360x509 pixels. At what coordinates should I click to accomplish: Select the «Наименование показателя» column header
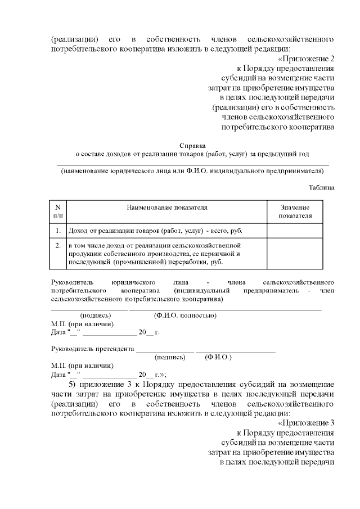pyautogui.click(x=167, y=208)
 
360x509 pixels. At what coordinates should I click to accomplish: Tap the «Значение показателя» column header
pyautogui.click(x=295, y=211)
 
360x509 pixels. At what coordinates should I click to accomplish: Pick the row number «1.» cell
pyautogui.click(x=58, y=231)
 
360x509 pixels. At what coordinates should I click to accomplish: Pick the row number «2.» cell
pyautogui.click(x=58, y=246)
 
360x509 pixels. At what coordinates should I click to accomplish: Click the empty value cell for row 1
pyautogui.click(x=295, y=231)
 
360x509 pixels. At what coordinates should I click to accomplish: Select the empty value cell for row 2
pyautogui.click(x=295, y=254)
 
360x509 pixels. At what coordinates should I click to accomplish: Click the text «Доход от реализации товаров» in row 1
pyautogui.click(x=113, y=231)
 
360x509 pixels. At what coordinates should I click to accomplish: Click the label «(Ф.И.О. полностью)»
pyautogui.click(x=185, y=316)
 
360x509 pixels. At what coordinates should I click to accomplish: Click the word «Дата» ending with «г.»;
pyautogui.click(x=59, y=374)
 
